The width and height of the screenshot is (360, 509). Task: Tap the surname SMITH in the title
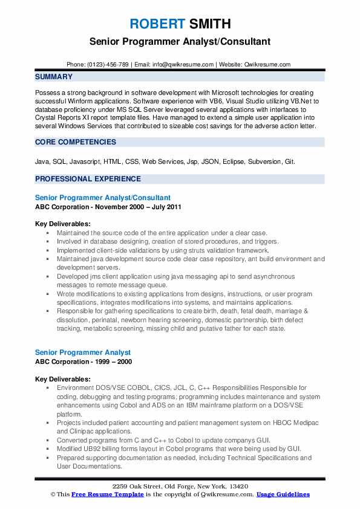[x=209, y=24]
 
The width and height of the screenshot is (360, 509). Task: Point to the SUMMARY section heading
[x=54, y=77]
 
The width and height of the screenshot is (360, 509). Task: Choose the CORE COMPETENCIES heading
[x=76, y=142]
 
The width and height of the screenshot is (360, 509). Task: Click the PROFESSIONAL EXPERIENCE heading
[x=88, y=179]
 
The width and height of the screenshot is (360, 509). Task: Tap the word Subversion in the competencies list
[x=263, y=161]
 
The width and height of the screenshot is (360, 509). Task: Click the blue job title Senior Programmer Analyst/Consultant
[x=103, y=198]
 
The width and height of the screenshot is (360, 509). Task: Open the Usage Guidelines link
[x=283, y=494]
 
